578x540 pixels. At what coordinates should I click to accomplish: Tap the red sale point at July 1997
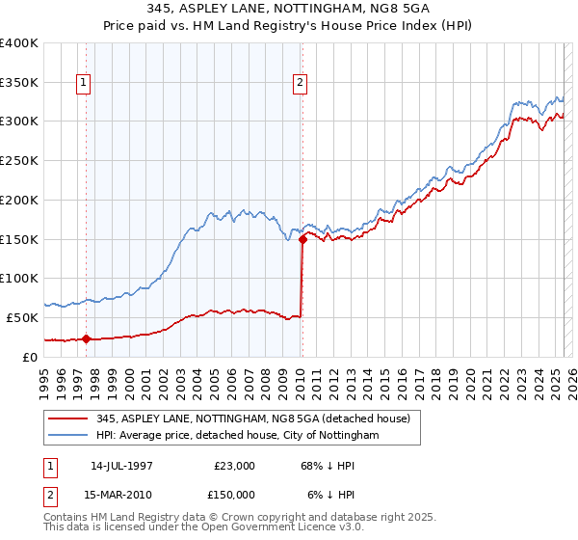[86, 338]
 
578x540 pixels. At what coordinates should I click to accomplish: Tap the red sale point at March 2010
[302, 239]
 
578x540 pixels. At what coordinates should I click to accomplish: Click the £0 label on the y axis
[32, 357]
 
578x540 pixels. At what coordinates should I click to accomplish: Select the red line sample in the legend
[67, 418]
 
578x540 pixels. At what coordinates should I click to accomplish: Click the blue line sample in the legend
[67, 436]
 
